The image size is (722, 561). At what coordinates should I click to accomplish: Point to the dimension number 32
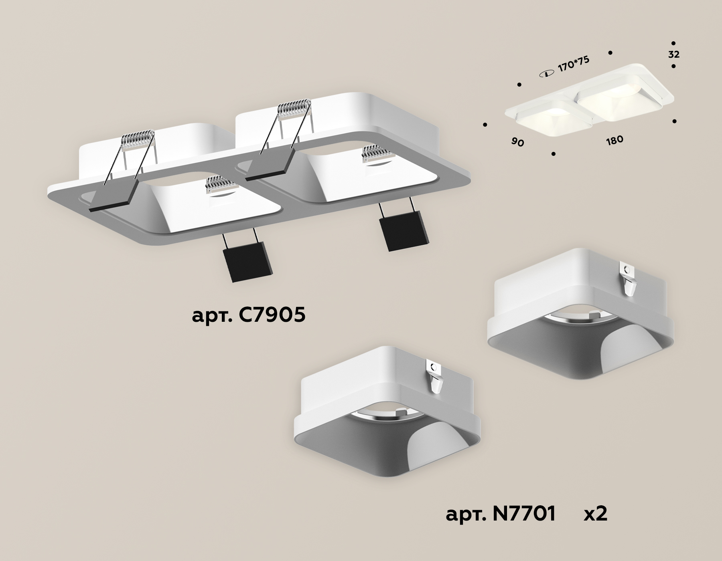pos(674,55)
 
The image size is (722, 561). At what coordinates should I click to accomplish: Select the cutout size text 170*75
pos(574,64)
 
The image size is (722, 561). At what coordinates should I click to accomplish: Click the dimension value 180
pos(615,140)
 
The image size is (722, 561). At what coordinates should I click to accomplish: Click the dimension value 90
pos(517,142)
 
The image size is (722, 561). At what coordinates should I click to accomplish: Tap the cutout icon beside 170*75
pos(546,73)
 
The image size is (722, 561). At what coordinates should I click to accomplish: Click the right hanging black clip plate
pos(403,230)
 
